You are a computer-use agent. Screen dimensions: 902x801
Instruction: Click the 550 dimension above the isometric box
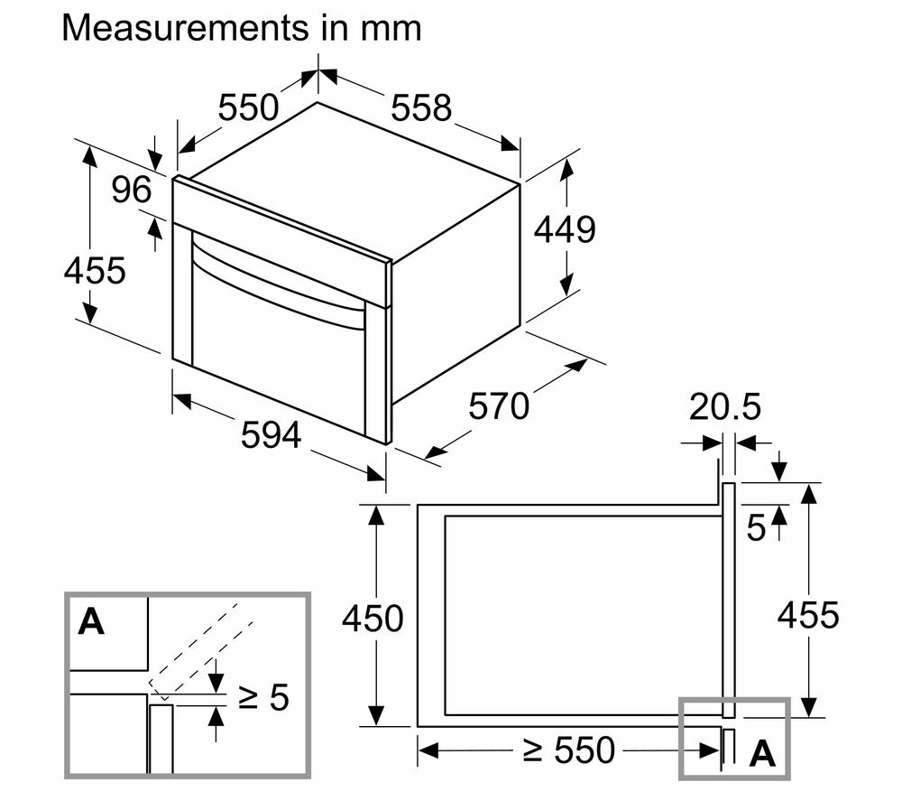249,107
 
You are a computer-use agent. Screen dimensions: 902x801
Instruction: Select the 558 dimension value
421,107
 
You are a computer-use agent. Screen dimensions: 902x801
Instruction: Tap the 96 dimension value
132,190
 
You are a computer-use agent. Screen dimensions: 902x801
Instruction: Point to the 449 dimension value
565,229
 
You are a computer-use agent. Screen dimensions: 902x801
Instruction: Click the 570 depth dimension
499,405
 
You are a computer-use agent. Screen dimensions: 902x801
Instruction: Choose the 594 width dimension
271,434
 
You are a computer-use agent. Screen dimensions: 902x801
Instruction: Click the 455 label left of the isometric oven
95,270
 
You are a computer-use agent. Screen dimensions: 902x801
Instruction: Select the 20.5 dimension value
725,406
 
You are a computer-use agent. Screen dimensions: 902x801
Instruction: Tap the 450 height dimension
373,619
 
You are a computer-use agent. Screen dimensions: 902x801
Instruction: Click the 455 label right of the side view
808,615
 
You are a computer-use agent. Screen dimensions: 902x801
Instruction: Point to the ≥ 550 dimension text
569,750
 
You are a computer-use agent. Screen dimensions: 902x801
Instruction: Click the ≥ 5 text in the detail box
263,697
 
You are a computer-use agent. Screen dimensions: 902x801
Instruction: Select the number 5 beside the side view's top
757,528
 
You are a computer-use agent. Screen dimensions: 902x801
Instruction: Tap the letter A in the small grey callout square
762,752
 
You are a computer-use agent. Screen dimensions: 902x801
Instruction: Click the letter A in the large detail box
91,621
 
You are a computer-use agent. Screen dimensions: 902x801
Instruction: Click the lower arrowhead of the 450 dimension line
375,714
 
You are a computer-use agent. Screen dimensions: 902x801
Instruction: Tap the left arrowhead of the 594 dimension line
182,399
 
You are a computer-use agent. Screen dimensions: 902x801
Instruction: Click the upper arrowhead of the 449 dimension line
567,170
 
